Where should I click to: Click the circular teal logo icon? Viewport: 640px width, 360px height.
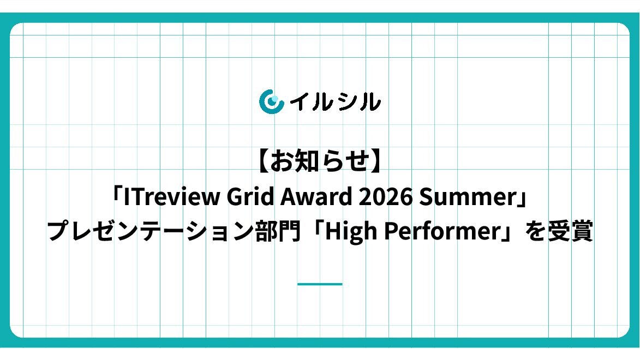(x=271, y=101)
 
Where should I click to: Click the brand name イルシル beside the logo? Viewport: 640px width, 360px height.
(x=335, y=101)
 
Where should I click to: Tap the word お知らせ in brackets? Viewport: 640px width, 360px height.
(x=320, y=161)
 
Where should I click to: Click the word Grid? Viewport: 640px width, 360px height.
(x=250, y=196)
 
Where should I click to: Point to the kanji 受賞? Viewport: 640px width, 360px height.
(x=570, y=231)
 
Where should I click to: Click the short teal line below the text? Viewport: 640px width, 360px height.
(x=320, y=284)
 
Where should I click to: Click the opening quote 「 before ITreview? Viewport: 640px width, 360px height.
(x=117, y=194)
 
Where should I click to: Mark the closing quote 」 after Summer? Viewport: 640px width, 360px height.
(x=523, y=199)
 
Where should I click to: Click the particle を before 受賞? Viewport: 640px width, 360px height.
(x=535, y=231)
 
